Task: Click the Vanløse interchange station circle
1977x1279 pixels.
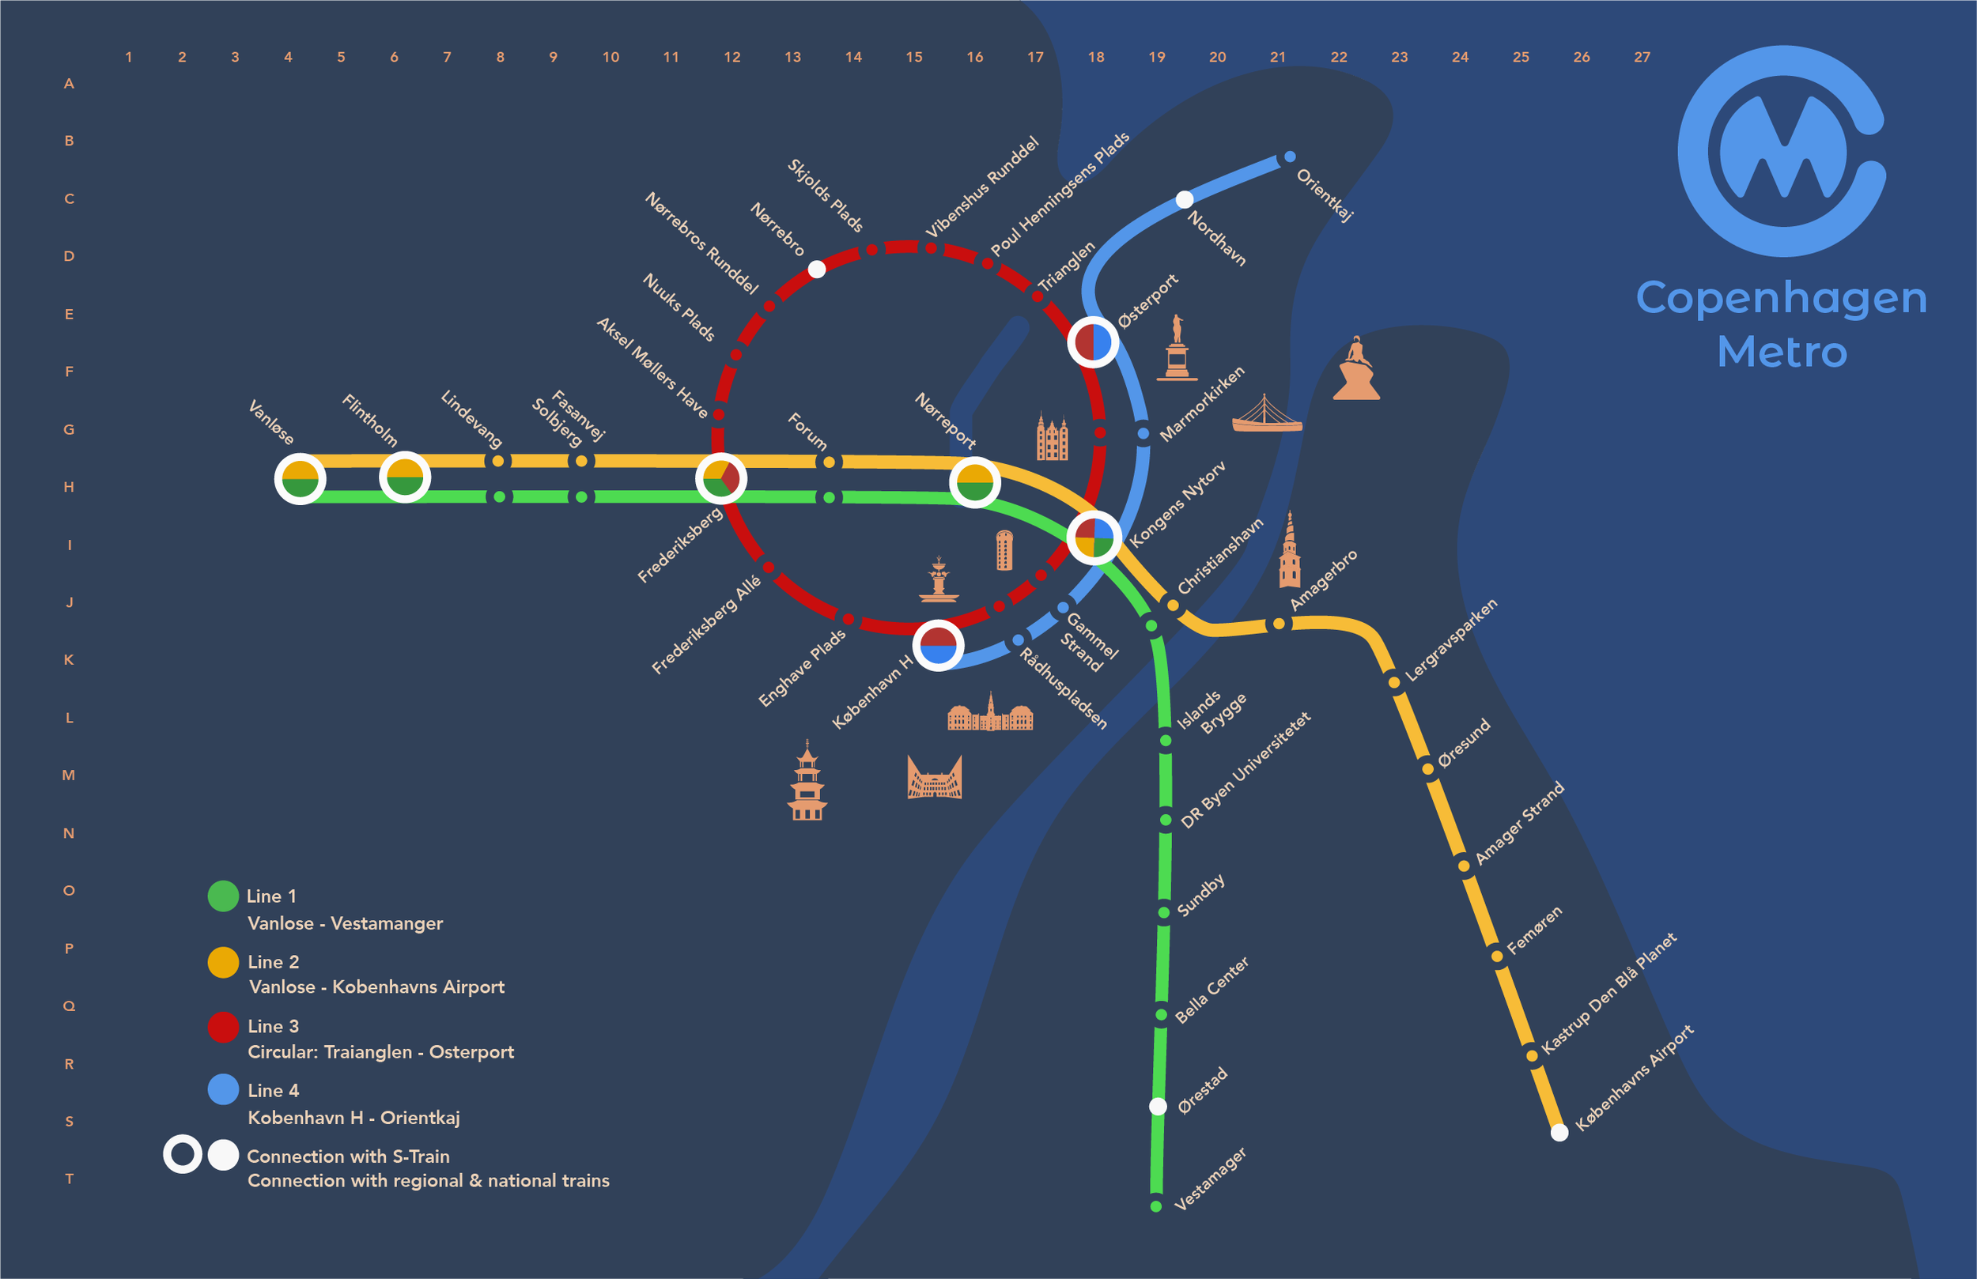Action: pos(300,479)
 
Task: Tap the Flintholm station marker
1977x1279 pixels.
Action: pos(405,477)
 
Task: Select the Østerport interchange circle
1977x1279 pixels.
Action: pos(1092,341)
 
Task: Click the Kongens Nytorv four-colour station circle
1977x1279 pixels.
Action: pos(1094,538)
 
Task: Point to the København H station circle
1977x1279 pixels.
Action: pos(939,645)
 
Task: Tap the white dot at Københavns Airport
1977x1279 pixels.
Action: pos(1559,1132)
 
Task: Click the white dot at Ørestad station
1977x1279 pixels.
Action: pos(1158,1106)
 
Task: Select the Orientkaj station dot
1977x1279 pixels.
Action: pos(1289,157)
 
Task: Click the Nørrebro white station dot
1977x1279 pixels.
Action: pos(817,269)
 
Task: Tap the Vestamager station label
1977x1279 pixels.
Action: pos(1210,1179)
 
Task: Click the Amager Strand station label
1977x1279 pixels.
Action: pos(1519,822)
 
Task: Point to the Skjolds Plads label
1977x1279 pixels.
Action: pos(825,195)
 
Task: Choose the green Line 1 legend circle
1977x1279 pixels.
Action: pos(223,896)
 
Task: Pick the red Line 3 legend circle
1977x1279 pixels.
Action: pos(223,1027)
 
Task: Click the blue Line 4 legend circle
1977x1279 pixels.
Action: pos(223,1089)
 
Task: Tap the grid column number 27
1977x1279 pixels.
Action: pos(1642,57)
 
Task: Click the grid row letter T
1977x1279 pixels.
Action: pos(69,1179)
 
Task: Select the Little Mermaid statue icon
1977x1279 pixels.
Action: pos(1355,370)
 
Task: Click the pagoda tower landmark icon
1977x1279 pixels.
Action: pos(807,782)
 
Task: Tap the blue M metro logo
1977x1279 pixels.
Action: pos(1782,151)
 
